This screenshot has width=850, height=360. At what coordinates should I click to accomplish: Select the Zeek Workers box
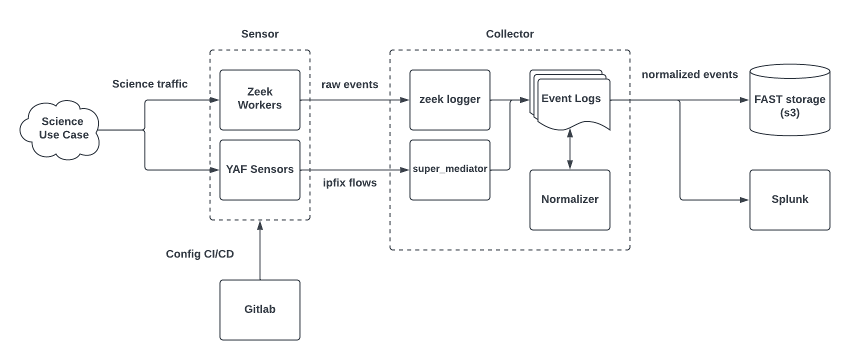pos(260,99)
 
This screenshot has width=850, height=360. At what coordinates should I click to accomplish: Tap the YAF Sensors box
pos(260,169)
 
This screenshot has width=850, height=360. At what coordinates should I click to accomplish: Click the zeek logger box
pos(449,99)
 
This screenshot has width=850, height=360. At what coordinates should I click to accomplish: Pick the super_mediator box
pos(449,169)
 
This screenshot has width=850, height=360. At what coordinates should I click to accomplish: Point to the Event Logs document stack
pos(571,100)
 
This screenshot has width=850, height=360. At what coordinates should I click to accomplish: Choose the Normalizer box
pos(569,199)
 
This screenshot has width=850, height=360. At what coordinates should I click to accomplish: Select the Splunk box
pos(789,199)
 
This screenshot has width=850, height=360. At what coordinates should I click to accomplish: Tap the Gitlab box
pos(260,309)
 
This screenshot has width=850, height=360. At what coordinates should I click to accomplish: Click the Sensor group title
pos(260,34)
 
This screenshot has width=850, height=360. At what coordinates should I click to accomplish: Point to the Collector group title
pos(509,34)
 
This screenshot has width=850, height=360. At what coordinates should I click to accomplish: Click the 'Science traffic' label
pos(149,84)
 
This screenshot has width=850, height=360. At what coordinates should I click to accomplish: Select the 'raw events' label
pos(349,84)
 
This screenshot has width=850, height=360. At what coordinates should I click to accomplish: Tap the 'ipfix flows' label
pos(349,183)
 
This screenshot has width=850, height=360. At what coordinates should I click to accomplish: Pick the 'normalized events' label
pos(689,74)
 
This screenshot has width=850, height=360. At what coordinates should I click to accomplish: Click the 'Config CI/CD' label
pos(199,254)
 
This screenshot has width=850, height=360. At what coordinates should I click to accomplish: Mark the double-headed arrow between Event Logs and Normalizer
pos(569,149)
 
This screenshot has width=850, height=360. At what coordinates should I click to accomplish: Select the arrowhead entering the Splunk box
pos(744,200)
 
